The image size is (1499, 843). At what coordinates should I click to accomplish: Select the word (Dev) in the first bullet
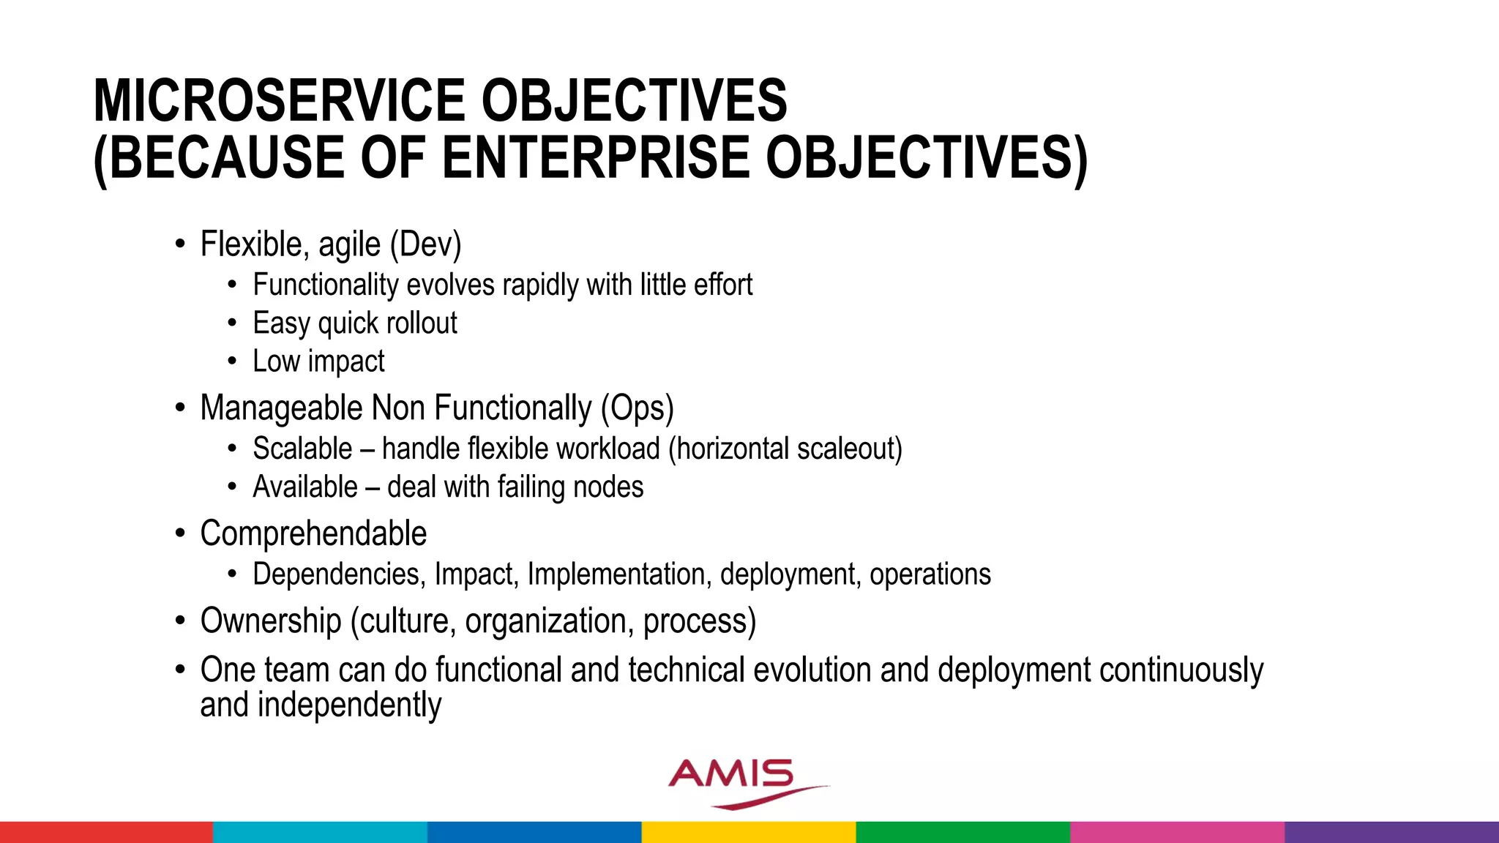point(425,244)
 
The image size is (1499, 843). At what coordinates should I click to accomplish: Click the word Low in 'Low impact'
point(276,361)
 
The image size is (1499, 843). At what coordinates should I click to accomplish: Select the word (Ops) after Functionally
point(637,408)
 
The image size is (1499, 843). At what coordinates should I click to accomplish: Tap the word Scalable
point(302,449)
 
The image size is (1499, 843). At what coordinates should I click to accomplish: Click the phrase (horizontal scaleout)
point(785,449)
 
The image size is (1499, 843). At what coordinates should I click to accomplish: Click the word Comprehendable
point(313,533)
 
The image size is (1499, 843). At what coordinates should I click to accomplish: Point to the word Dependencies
point(339,574)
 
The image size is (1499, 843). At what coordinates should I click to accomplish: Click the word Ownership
point(271,621)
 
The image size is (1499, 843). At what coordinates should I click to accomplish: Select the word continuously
point(1181,670)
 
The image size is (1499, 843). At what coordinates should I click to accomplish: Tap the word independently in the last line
point(349,705)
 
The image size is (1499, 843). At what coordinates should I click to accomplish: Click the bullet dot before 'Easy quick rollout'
point(232,323)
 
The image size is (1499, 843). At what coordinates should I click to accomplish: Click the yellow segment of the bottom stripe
point(748,832)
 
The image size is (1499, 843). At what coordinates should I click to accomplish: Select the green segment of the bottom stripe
point(962,832)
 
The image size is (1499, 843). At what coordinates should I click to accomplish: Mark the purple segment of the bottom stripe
point(1391,832)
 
